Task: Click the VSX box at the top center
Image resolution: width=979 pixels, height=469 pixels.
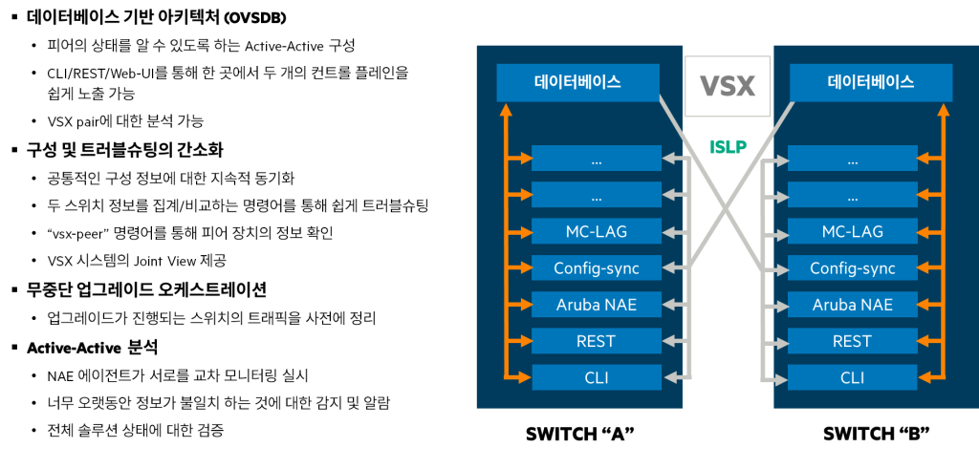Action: (x=728, y=87)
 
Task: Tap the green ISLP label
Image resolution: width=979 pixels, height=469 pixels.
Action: (x=728, y=147)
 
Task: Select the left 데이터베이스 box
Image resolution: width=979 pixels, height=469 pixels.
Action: (x=577, y=82)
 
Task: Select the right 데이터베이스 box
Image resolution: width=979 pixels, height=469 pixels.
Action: (x=870, y=82)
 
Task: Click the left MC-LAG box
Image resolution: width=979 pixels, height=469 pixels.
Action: (x=596, y=231)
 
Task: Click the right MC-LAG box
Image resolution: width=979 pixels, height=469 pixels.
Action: (x=852, y=231)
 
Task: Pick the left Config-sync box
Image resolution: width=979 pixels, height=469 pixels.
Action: (x=596, y=267)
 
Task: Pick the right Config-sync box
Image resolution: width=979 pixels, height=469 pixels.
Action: (x=852, y=267)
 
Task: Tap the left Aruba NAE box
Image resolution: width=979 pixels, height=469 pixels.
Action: (x=596, y=305)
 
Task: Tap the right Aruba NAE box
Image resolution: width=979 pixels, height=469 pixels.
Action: (x=852, y=305)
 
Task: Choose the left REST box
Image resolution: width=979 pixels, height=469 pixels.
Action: (x=596, y=341)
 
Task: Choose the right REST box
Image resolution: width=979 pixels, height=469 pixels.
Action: (x=852, y=341)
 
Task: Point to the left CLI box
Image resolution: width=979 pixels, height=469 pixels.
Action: (x=596, y=377)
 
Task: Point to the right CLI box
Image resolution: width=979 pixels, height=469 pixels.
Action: (x=852, y=377)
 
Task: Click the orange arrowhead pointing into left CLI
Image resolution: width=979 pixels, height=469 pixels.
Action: (x=524, y=377)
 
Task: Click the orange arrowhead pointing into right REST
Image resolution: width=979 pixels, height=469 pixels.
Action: (x=924, y=341)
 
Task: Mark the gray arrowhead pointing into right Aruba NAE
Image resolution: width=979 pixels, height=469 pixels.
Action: (x=780, y=305)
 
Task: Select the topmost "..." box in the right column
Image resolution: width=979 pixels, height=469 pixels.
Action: (x=852, y=159)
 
